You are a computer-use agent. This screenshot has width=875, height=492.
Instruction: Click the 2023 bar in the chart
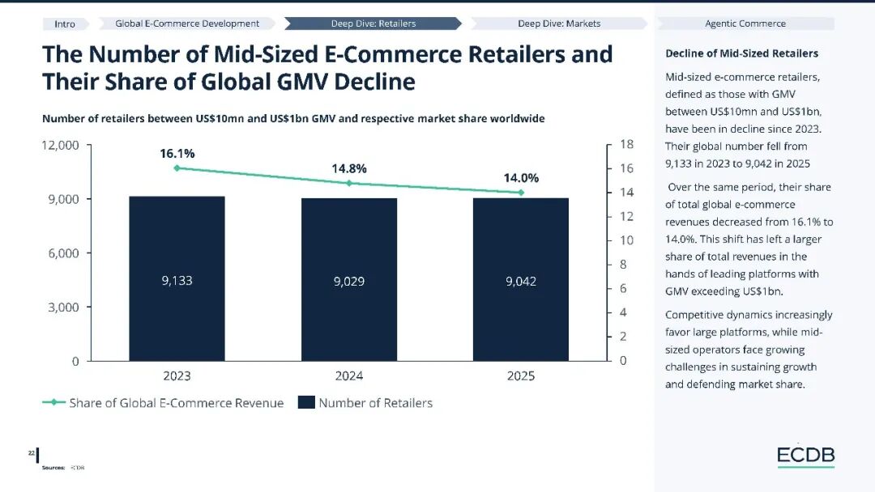[177, 278]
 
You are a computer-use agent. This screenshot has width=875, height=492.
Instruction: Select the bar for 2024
[349, 280]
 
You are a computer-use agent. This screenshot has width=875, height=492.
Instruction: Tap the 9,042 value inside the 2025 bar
[521, 282]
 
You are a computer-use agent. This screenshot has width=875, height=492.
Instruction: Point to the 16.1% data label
[177, 153]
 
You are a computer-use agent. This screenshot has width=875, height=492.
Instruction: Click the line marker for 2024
[349, 183]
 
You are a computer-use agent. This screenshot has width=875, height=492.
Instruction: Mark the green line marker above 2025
[521, 193]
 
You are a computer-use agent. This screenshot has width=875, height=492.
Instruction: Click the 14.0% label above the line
[521, 178]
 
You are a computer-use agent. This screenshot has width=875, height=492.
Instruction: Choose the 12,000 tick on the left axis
[60, 145]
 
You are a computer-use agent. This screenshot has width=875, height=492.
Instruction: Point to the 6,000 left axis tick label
[64, 253]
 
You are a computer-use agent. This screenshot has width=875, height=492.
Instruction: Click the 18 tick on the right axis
[626, 144]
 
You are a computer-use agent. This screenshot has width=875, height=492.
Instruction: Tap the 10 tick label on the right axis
[626, 240]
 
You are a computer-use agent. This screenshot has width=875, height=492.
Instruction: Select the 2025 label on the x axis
[521, 376]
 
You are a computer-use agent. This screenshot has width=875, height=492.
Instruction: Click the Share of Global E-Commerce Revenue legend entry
[163, 403]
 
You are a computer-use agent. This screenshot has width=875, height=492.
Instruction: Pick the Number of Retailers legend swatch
[306, 402]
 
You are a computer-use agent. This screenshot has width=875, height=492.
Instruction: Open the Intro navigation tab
[65, 23]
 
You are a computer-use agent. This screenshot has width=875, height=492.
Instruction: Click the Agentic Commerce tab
[745, 23]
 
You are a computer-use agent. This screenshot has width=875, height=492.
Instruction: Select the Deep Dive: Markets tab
[559, 23]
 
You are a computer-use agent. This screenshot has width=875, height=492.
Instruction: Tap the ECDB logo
[806, 456]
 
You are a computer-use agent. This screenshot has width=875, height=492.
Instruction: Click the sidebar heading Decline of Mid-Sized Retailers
[741, 53]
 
